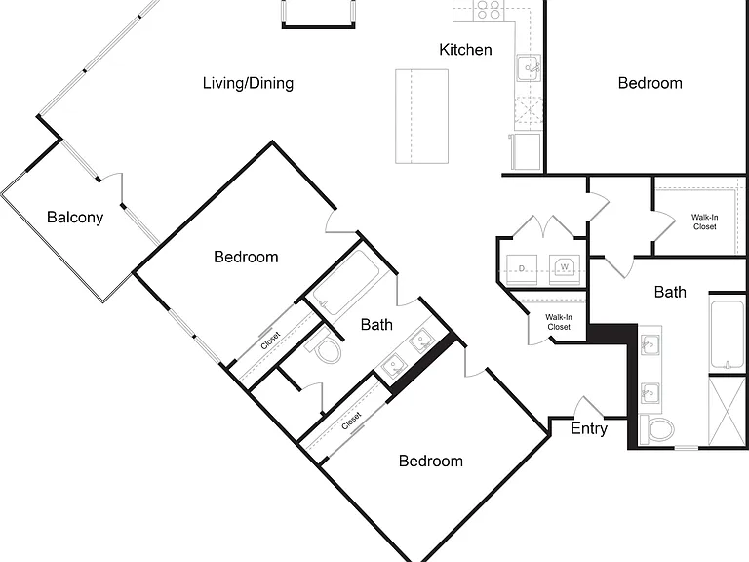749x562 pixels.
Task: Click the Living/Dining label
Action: click(248, 83)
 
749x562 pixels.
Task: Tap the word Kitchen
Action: click(465, 49)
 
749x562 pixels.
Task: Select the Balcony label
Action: click(75, 218)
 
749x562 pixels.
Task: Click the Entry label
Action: click(589, 428)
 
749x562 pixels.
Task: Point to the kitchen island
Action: click(421, 116)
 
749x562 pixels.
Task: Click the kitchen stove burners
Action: click(489, 10)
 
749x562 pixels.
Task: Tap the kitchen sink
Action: click(529, 68)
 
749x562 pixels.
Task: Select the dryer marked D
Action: click(522, 269)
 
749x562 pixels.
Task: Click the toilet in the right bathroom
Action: click(656, 428)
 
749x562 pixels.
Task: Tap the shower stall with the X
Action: click(727, 412)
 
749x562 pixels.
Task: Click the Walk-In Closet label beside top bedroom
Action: click(704, 221)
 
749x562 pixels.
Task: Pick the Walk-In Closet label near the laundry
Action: click(559, 322)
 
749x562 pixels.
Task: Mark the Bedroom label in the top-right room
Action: click(650, 83)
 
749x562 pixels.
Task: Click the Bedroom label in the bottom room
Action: click(431, 462)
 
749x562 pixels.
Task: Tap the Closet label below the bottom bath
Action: click(351, 421)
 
